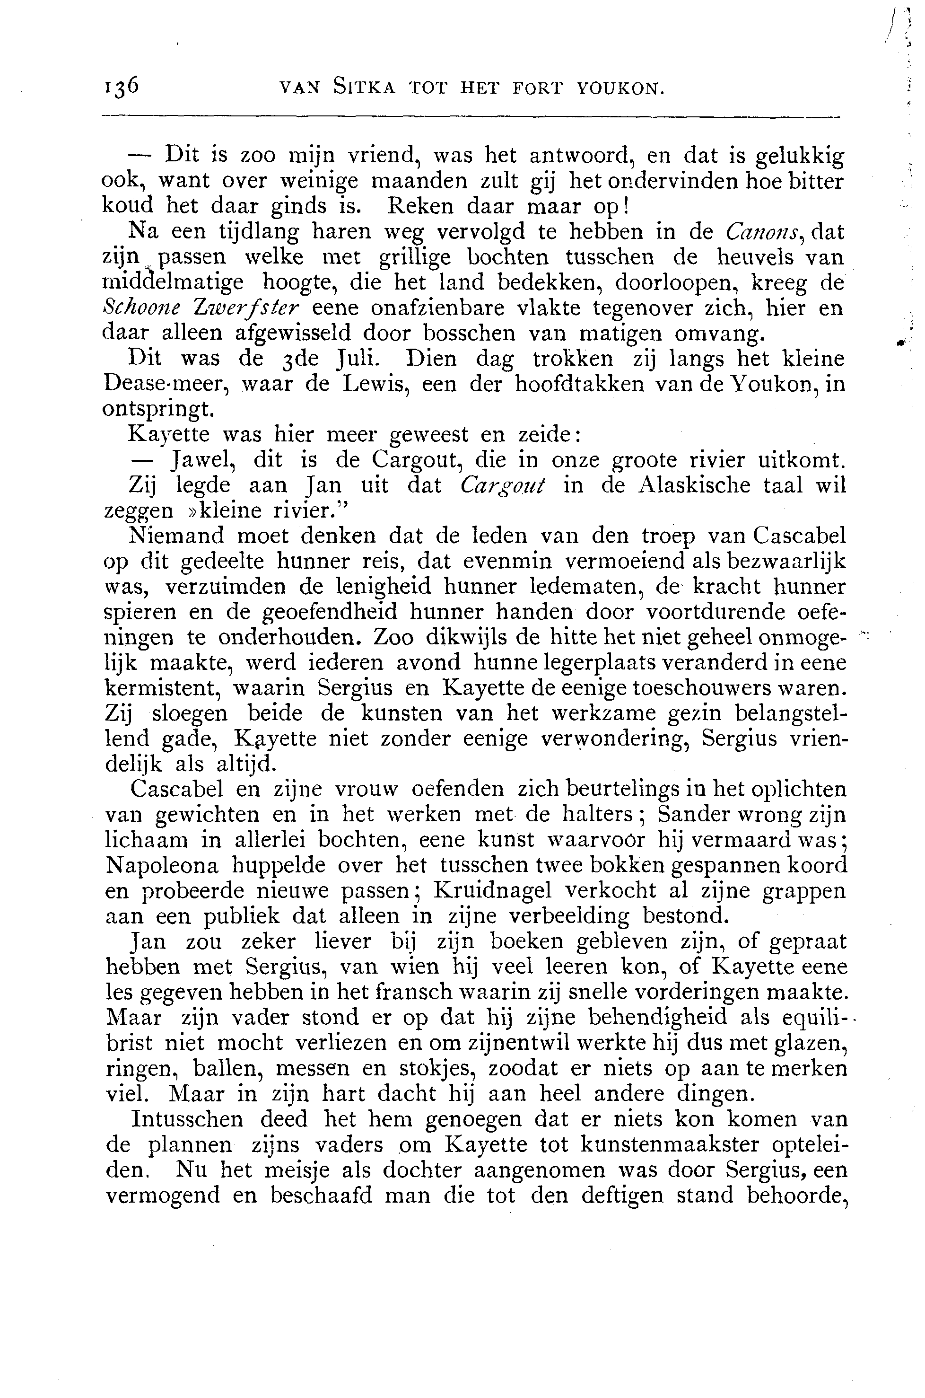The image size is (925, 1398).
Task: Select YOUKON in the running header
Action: pyautogui.click(x=620, y=88)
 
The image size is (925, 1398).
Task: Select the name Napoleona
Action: pyautogui.click(x=162, y=866)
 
